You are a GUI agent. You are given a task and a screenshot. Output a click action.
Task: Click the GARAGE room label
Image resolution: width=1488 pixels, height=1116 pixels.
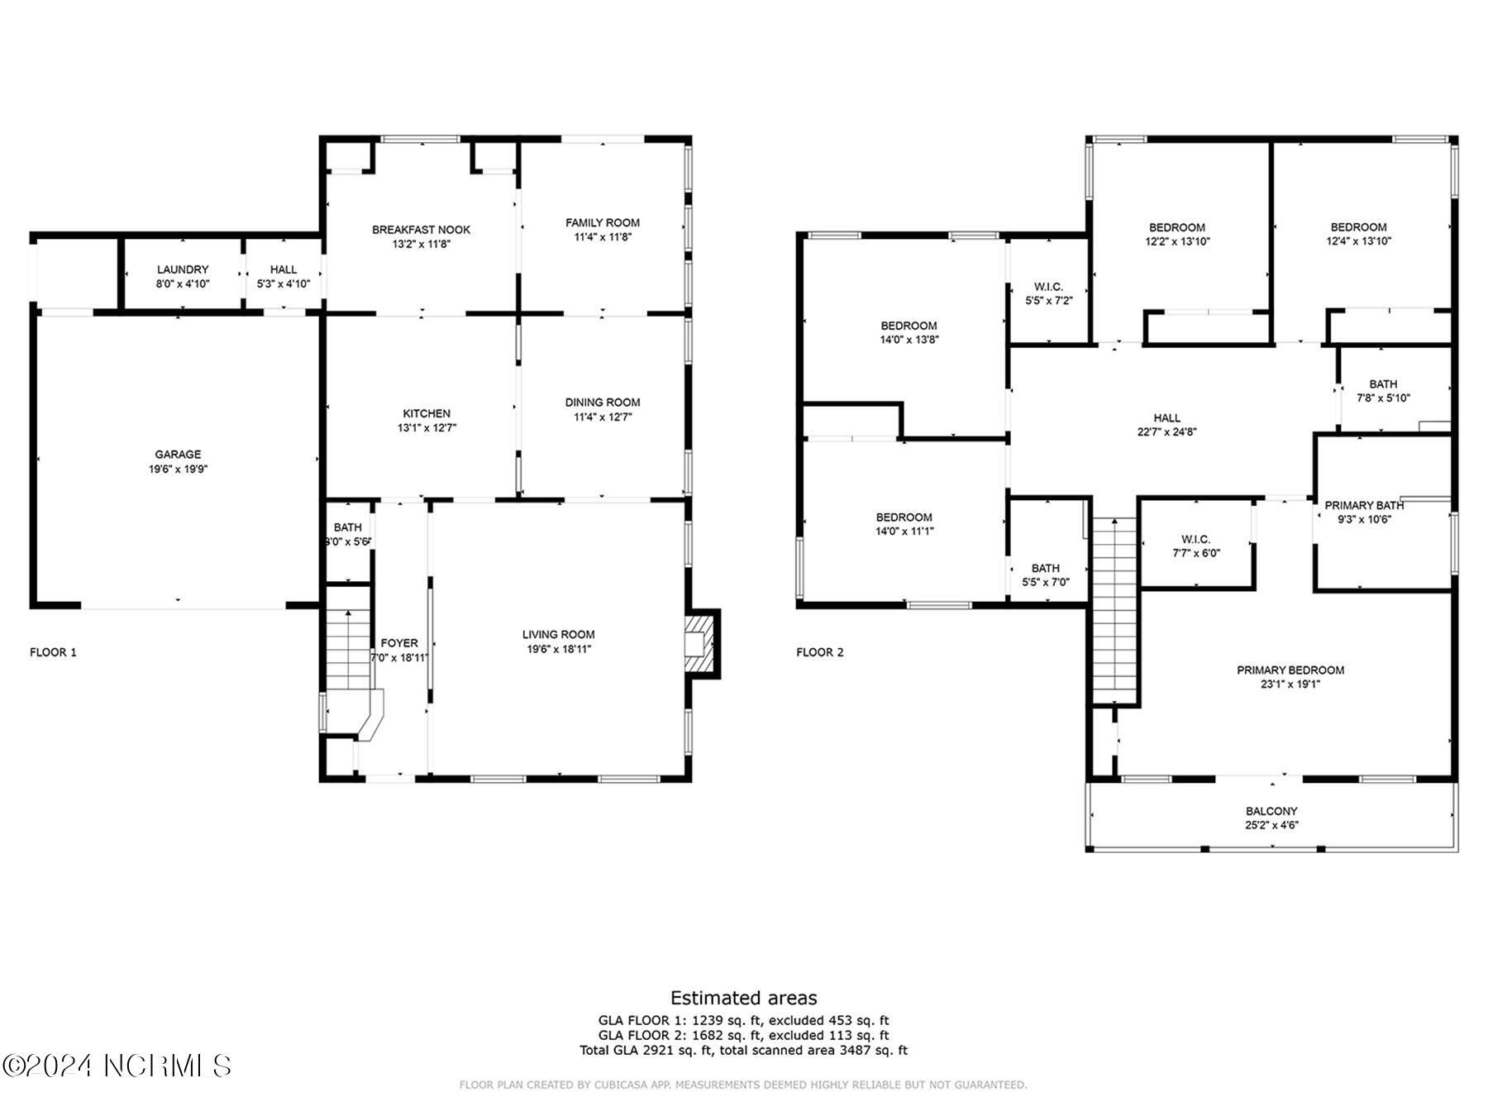click(x=178, y=454)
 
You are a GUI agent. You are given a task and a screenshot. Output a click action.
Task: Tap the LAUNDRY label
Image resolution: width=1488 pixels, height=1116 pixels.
click(x=183, y=269)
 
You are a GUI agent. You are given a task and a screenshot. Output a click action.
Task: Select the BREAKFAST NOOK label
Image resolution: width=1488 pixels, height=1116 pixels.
click(x=421, y=230)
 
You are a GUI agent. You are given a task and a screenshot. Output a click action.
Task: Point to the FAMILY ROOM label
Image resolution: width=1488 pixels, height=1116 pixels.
click(x=603, y=222)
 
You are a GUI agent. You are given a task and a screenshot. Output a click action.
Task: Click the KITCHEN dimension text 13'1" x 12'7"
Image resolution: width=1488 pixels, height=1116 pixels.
click(x=427, y=428)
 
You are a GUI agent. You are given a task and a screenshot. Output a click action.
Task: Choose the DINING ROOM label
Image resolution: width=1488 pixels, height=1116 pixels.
click(x=603, y=403)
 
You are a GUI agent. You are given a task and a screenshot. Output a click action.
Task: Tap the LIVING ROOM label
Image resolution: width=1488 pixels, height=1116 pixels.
click(x=558, y=635)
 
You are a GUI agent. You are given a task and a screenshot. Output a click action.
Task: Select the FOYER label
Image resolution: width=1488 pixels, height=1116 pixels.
click(x=399, y=643)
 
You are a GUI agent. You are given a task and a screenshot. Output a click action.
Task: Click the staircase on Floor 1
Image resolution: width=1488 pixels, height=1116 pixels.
click(x=348, y=649)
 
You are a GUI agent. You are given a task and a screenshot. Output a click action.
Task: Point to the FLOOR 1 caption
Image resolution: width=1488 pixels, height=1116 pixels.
click(x=53, y=652)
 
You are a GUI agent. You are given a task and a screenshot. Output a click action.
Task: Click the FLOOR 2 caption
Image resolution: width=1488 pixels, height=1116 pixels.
click(x=820, y=652)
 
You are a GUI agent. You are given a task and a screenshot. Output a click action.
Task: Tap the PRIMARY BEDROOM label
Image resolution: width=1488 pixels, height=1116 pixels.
click(x=1290, y=670)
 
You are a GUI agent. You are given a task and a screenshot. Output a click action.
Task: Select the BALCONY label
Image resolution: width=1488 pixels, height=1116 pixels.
click(x=1271, y=811)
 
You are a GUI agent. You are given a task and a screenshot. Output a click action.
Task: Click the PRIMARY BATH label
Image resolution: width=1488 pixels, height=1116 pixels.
click(x=1364, y=505)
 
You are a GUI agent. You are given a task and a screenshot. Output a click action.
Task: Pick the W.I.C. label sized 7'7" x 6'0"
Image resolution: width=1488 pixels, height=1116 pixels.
click(x=1196, y=539)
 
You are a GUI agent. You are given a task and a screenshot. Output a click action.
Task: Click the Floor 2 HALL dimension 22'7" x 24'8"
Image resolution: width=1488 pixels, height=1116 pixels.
click(x=1166, y=432)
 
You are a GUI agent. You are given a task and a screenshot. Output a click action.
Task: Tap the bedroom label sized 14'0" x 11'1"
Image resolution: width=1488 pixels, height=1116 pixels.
click(x=904, y=517)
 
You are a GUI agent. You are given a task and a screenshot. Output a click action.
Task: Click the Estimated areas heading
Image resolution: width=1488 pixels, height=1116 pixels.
click(x=744, y=998)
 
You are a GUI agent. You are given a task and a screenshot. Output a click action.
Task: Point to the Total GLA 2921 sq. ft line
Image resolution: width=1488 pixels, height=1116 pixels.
click(x=744, y=1050)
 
